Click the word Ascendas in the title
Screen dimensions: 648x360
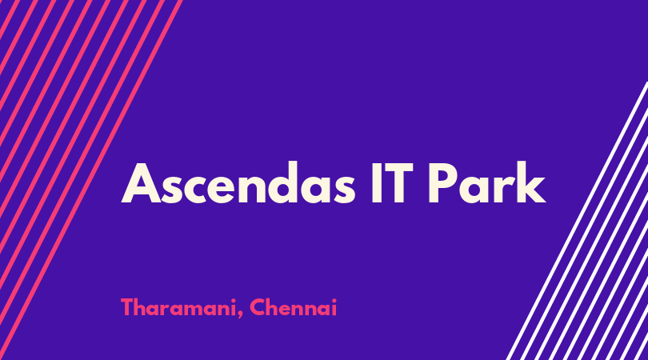coord(238,183)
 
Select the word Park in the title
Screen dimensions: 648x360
coord(487,182)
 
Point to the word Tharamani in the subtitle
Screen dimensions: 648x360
coord(178,308)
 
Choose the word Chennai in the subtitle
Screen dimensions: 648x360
coord(293,307)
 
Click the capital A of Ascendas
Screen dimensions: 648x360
coord(141,183)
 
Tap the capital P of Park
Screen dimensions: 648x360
coord(442,183)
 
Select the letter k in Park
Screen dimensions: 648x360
coord(530,182)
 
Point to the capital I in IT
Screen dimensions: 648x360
coord(376,183)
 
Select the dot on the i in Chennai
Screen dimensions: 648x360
coord(334,300)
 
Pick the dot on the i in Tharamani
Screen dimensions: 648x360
coord(232,300)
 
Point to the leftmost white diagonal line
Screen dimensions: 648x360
coord(578,220)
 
